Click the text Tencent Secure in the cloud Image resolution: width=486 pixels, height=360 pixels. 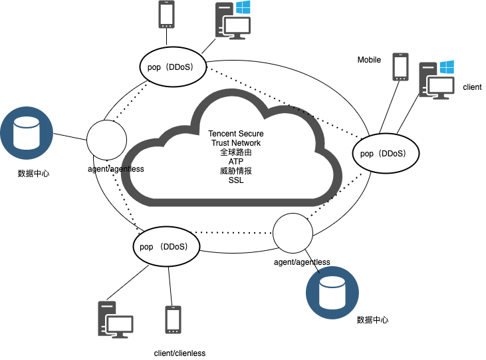click(x=236, y=134)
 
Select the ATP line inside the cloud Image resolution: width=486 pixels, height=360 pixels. click(x=236, y=162)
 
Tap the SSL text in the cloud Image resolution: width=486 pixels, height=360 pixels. click(x=236, y=180)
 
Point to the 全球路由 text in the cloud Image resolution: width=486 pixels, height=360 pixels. click(x=236, y=152)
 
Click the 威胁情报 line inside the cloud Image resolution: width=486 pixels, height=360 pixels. click(x=236, y=171)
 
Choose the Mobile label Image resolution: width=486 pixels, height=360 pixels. click(x=369, y=60)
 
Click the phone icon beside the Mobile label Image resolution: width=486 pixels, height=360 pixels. click(x=400, y=67)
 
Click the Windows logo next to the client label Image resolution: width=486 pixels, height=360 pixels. click(x=446, y=67)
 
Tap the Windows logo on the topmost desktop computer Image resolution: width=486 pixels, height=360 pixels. click(x=243, y=7)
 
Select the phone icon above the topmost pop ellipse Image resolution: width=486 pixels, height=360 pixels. click(x=166, y=14)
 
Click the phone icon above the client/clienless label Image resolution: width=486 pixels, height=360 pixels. click(x=173, y=321)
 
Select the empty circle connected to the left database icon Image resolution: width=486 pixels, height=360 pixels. click(x=106, y=140)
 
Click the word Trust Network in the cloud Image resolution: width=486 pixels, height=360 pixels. click(x=236, y=143)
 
